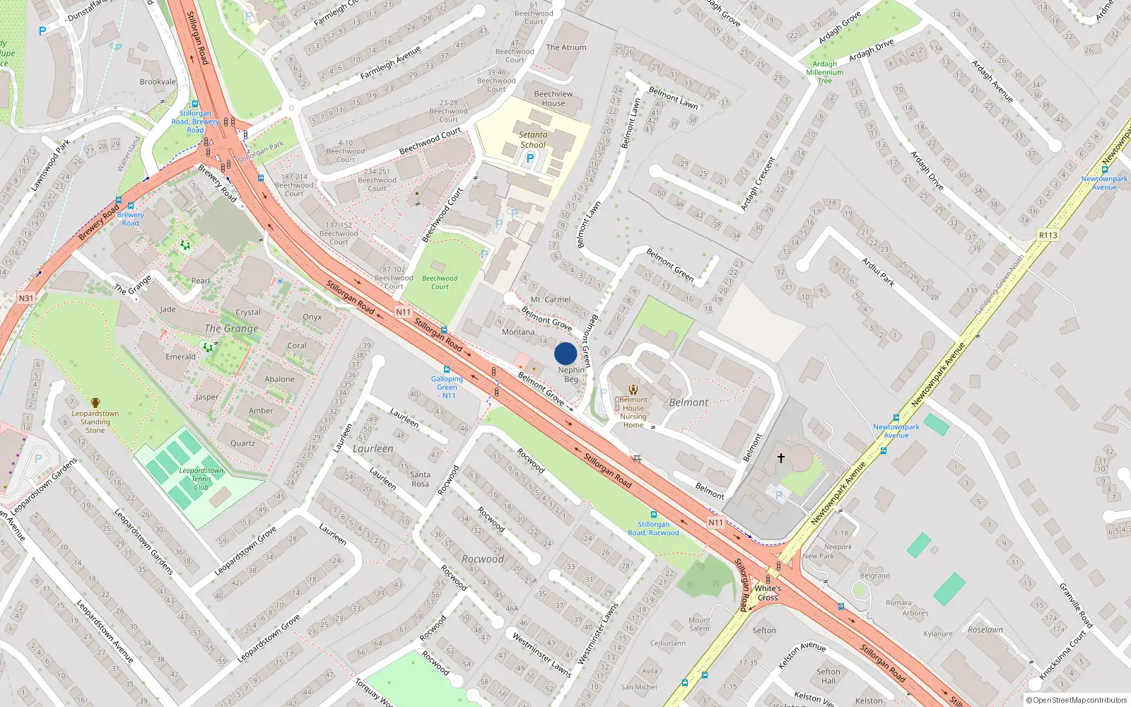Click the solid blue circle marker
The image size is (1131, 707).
click(565, 353)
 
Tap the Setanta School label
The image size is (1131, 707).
click(533, 139)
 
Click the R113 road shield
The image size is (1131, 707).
click(1048, 235)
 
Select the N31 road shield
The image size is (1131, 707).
click(26, 298)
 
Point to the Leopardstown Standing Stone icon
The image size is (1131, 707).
click(95, 403)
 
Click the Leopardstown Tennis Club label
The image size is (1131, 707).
click(201, 479)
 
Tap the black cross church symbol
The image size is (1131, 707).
click(781, 458)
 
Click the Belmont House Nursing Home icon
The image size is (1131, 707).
click(633, 389)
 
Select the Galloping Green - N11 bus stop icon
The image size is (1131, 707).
click(447, 370)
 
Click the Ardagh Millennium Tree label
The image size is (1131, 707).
click(825, 72)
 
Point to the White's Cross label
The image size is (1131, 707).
click(768, 592)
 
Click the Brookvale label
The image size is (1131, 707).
click(158, 82)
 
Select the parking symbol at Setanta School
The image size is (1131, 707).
click(530, 159)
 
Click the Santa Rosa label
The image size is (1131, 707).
click(420, 479)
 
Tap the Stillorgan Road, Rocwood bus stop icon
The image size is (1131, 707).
click(653, 515)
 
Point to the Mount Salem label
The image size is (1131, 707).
click(699, 624)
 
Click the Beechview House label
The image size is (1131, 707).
click(553, 98)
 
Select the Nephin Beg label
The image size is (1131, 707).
click(571, 375)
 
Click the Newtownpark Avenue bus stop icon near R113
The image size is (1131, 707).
click(1105, 170)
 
